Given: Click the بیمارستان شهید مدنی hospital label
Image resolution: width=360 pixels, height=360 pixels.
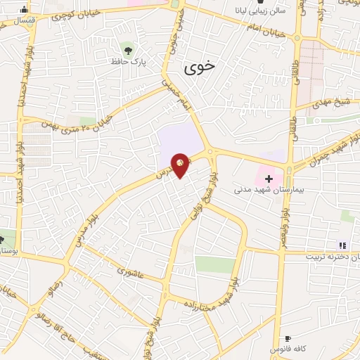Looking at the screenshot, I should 263,190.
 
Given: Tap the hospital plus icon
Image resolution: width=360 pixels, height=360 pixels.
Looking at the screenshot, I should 268,179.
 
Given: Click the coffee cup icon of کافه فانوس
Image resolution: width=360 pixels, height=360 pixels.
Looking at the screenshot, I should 287,338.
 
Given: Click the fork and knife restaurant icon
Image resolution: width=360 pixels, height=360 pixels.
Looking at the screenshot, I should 342,245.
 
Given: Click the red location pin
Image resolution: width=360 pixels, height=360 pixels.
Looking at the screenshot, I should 181,165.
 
